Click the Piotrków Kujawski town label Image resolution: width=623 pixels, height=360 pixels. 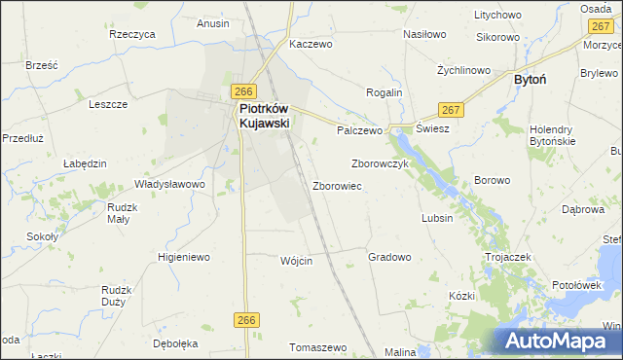point(266,118)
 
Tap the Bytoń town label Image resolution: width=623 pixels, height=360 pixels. point(534,83)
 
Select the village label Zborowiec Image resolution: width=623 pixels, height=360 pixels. point(338,185)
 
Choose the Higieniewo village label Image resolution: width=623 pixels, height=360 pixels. point(184,258)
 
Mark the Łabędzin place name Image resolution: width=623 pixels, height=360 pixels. point(85,163)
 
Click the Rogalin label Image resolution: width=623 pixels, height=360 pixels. point(384,92)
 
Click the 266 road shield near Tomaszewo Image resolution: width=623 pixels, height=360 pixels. point(245,319)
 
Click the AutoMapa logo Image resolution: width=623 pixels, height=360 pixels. point(558,340)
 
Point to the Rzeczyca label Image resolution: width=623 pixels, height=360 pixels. point(133,34)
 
